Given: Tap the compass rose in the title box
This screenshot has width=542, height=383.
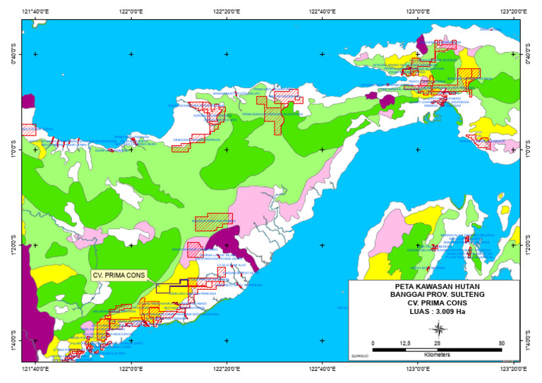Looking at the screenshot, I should (438, 329).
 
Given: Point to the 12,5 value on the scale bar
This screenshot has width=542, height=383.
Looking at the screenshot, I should (405, 343).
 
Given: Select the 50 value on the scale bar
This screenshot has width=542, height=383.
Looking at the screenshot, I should (501, 343).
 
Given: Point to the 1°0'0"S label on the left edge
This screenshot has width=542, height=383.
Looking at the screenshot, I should (11, 150).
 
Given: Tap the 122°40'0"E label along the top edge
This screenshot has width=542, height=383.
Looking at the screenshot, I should (322, 12).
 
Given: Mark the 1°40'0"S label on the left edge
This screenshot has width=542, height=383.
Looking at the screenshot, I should (11, 341).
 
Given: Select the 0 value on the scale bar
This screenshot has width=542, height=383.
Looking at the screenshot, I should (373, 343).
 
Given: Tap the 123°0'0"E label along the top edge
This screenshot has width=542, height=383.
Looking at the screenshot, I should (417, 12).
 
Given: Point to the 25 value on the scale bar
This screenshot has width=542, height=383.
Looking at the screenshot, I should (437, 343).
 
